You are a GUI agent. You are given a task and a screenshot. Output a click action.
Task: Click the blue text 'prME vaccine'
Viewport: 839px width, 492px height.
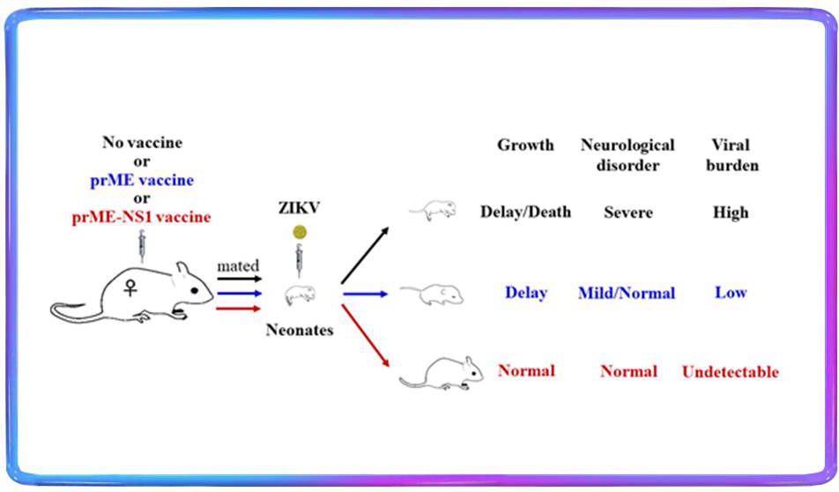coord(141,181)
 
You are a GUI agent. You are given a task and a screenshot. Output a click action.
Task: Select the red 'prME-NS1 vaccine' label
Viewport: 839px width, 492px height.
coord(141,217)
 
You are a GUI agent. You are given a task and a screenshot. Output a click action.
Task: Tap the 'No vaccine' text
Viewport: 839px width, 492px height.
coord(141,144)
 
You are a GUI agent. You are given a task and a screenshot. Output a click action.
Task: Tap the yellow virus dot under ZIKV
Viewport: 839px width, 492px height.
coord(300,233)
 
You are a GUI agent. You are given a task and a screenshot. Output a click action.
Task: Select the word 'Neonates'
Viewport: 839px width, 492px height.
coord(300,331)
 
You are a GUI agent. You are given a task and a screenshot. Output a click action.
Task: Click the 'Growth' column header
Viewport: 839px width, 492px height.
coord(525,145)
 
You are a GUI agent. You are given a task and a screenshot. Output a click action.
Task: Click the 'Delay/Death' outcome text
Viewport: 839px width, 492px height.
coord(525,212)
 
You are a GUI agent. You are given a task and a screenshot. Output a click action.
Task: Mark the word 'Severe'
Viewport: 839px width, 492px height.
coord(627,212)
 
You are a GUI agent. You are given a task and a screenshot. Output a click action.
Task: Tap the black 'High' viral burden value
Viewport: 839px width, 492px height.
coord(731,212)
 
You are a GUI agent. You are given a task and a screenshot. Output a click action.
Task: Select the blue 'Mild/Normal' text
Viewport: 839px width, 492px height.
coord(627,293)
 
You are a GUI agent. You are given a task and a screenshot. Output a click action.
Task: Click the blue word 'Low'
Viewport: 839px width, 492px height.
coord(731,293)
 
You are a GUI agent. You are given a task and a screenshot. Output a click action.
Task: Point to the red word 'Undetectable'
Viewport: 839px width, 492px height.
coord(731,372)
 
